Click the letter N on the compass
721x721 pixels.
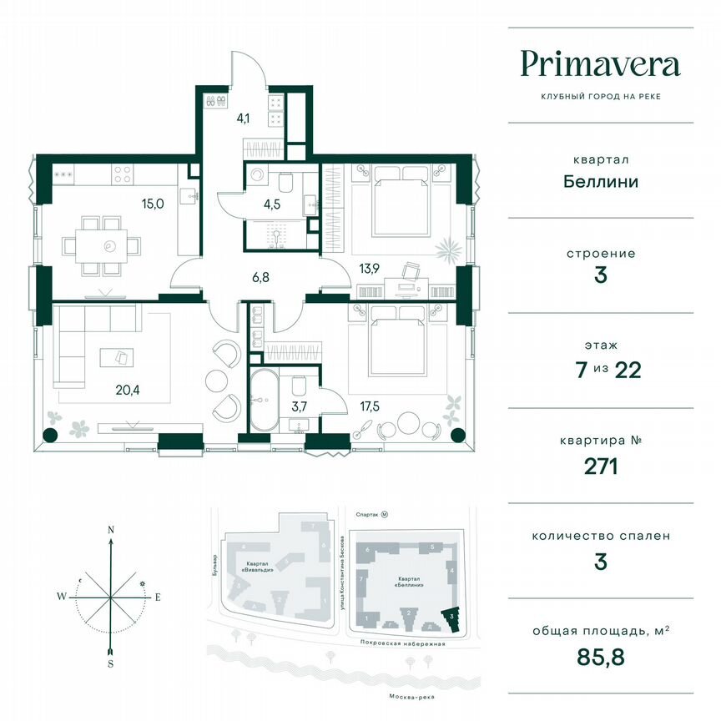tap(110, 529)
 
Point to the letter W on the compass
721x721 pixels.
tap(62, 597)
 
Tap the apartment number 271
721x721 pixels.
tap(600, 466)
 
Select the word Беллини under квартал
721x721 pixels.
tap(600, 181)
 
